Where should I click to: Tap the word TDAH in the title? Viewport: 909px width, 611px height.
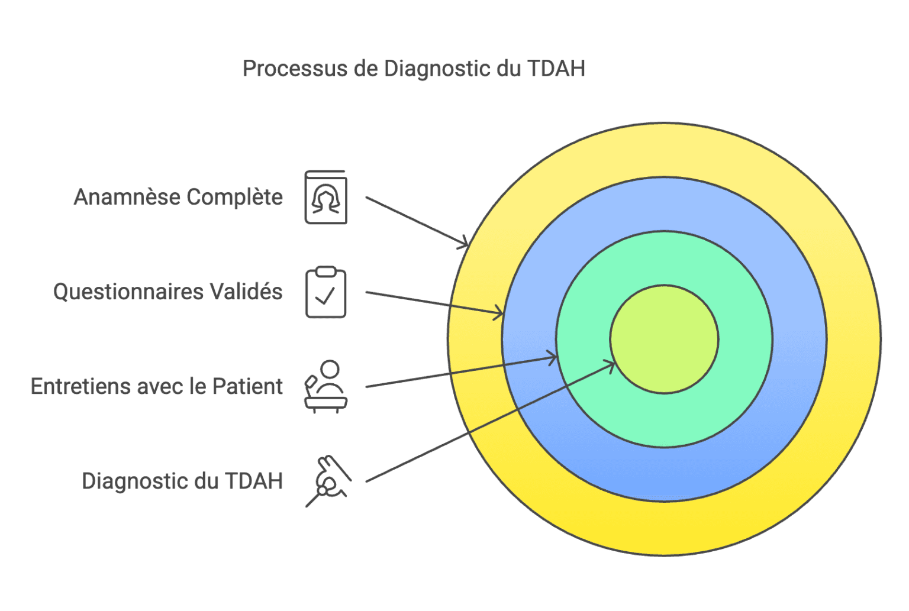pos(556,69)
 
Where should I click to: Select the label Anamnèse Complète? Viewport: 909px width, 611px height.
pos(178,197)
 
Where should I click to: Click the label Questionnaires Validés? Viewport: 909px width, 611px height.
pos(168,292)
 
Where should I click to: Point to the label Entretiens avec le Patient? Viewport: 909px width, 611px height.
pos(157,386)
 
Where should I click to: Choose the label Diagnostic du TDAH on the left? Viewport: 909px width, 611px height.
pos(182,481)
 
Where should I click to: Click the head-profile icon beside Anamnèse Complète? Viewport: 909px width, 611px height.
pos(325,198)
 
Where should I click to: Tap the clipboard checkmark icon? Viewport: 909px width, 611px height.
pos(325,292)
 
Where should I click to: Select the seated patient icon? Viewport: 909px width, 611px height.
pos(325,387)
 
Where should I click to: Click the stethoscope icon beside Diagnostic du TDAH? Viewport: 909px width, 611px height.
pos(327,481)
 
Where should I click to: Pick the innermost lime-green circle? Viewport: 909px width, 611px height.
pos(664,339)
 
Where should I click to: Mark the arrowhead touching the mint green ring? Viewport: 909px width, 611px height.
pos(552,357)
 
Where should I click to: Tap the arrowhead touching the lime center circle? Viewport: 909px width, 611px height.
pos(609,364)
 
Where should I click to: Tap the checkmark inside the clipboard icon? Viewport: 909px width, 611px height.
pos(325,296)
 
